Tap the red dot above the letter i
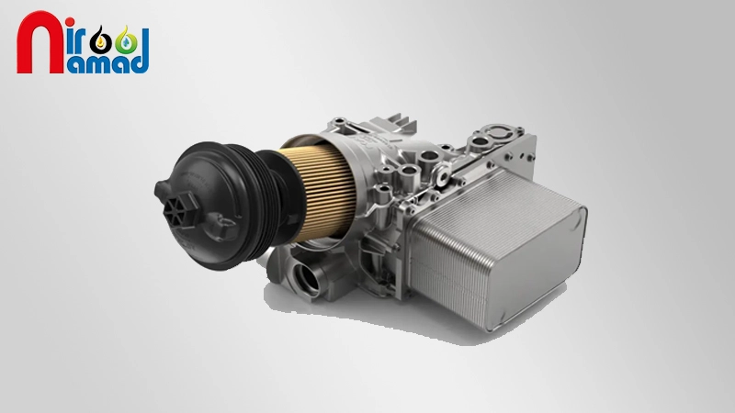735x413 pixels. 70,21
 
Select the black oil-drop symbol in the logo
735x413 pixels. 100,42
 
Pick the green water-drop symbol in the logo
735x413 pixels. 126,42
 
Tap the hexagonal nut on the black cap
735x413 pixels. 180,211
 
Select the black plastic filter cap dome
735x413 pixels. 206,206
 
